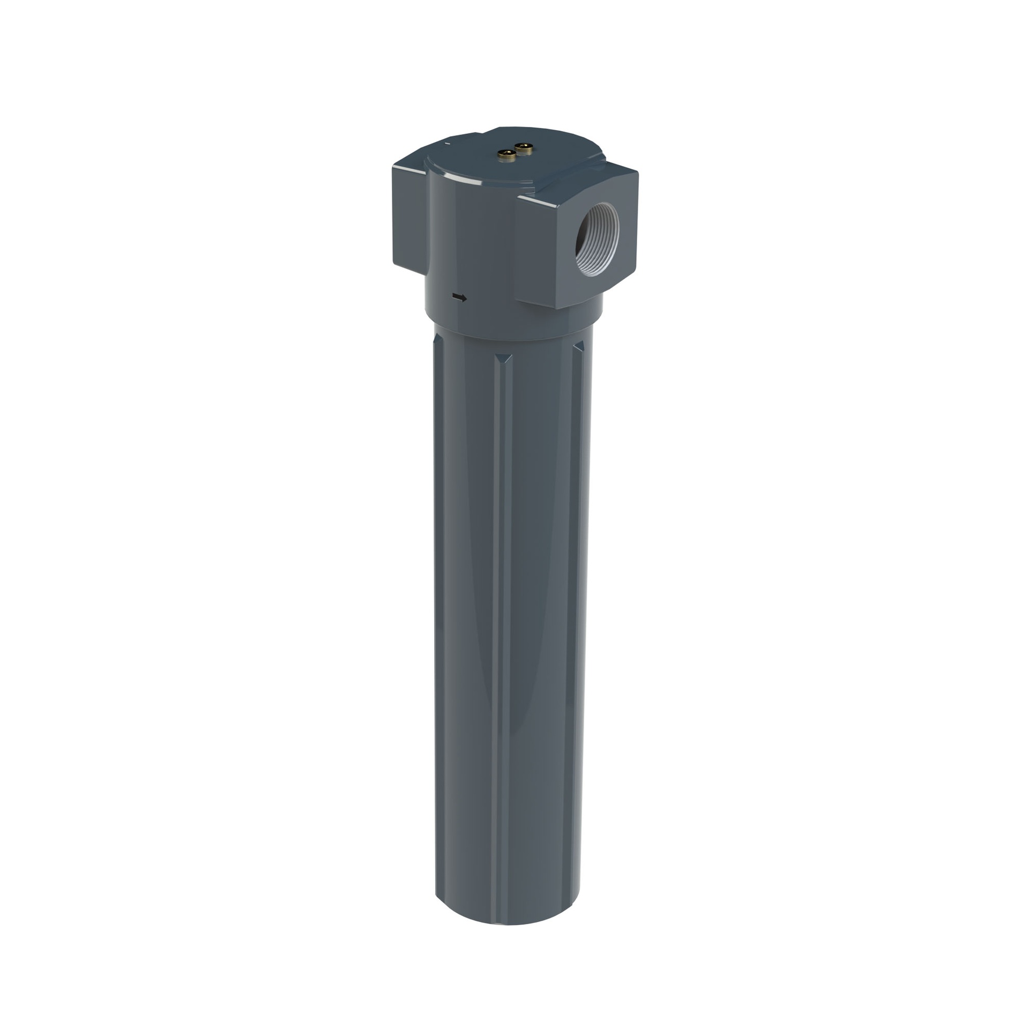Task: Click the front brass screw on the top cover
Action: pos(506,155)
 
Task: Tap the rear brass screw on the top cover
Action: pos(524,148)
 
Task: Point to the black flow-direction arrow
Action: pos(459,297)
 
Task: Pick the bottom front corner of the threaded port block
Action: pos(557,309)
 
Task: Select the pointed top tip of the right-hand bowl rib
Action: pos(578,343)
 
